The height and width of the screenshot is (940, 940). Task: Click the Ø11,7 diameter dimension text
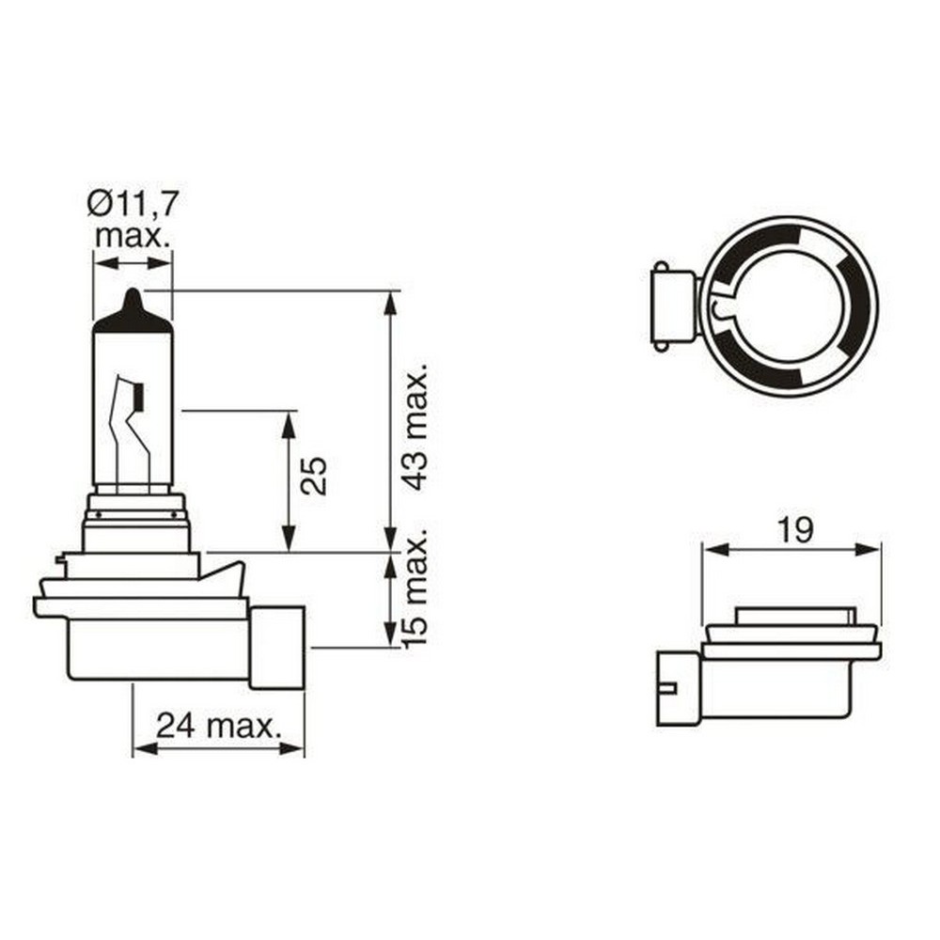(133, 202)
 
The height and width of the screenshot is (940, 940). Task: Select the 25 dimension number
(316, 476)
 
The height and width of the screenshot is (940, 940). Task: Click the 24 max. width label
(218, 725)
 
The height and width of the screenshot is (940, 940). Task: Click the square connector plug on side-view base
(277, 647)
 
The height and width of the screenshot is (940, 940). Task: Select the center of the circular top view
(790, 306)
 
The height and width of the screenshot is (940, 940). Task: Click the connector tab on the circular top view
(671, 306)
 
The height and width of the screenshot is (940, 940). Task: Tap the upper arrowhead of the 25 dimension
(289, 420)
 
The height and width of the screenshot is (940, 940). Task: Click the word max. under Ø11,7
(133, 235)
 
